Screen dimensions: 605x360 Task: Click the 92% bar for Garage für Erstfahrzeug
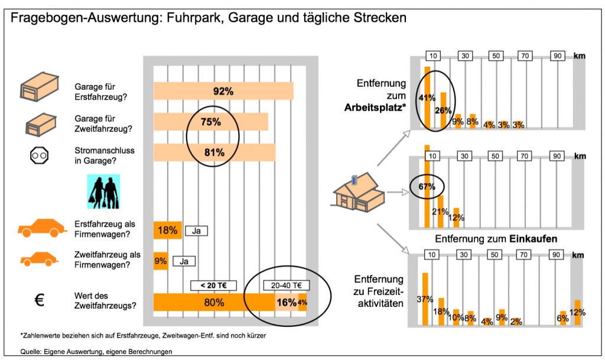[x=223, y=91]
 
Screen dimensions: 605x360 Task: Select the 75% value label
[x=211, y=122]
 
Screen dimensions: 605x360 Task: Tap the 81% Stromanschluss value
[x=214, y=153]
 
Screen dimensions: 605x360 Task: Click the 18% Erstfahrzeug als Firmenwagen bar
[x=167, y=231]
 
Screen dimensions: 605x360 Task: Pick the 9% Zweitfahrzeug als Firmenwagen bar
[x=161, y=261]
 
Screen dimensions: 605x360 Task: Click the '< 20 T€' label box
[x=213, y=286]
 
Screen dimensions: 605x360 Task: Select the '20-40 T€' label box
[x=287, y=286]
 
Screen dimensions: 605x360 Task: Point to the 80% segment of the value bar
[x=214, y=302]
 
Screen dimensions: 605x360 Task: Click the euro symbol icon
[x=40, y=300]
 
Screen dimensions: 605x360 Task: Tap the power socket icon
[x=40, y=155]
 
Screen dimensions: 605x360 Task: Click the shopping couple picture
[x=103, y=192]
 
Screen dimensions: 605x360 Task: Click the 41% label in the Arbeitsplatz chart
[x=427, y=98]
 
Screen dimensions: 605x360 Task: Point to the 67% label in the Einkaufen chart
[x=427, y=187]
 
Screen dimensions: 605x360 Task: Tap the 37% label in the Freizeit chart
[x=425, y=299]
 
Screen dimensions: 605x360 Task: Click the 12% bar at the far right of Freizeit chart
[x=577, y=312]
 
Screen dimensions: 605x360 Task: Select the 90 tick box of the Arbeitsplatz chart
[x=558, y=56]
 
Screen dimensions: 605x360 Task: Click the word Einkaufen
[x=534, y=239]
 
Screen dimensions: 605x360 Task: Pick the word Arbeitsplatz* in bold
[x=375, y=108]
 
